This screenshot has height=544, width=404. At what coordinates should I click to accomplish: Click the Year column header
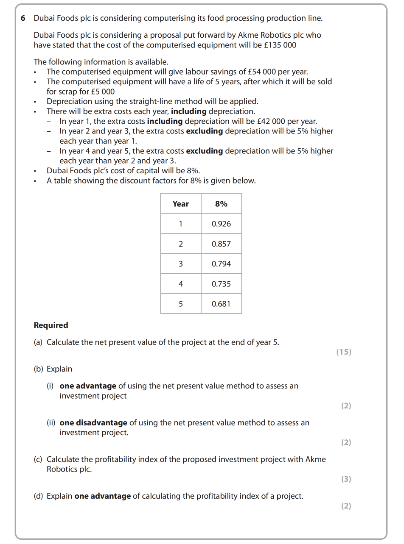pyautogui.click(x=180, y=204)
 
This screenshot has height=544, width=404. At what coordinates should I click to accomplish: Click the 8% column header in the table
pyautogui.click(x=221, y=204)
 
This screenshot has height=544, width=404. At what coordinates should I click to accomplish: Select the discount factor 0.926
pyautogui.click(x=221, y=224)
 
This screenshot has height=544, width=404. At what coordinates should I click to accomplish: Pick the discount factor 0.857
pyautogui.click(x=221, y=244)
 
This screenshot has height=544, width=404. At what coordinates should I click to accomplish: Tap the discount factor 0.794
pyautogui.click(x=221, y=264)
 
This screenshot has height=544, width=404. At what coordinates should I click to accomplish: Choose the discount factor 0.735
pyautogui.click(x=221, y=284)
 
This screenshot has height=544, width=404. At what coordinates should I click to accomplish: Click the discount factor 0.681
pyautogui.click(x=221, y=304)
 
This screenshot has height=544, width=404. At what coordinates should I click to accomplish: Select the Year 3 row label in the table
pyautogui.click(x=181, y=264)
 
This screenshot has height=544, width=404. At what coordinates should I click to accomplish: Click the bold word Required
pyautogui.click(x=51, y=325)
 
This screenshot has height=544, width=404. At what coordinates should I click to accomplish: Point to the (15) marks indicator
pyautogui.click(x=344, y=352)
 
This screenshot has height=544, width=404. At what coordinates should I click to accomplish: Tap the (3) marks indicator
pyautogui.click(x=346, y=479)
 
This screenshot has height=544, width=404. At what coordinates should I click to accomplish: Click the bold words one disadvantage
pyautogui.click(x=93, y=423)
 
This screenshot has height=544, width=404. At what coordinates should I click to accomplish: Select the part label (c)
pyautogui.click(x=38, y=459)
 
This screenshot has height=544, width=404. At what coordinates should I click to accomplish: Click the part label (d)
pyautogui.click(x=38, y=496)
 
